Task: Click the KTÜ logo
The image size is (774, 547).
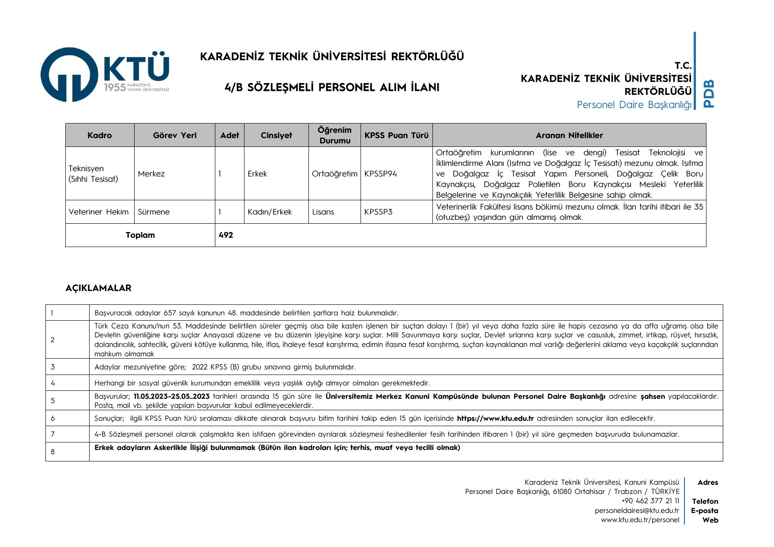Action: point(105,75)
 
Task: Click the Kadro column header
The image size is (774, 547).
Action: point(100,135)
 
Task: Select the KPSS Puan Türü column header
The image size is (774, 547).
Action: point(396,135)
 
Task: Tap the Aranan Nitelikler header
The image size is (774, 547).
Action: point(569,135)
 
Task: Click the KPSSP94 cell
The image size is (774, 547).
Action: point(380,174)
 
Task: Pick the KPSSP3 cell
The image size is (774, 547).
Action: point(378,212)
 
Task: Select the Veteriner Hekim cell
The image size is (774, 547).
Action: point(99,212)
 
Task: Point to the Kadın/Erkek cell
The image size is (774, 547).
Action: point(270,212)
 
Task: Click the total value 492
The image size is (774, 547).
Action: point(226,235)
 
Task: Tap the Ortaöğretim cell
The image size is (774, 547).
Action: point(334,174)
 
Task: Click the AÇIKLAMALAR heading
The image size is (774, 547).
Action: point(98,288)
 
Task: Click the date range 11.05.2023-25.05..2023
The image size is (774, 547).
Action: point(172,396)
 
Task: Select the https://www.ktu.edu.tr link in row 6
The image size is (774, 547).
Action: point(495,418)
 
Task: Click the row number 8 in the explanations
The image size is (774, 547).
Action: point(53,452)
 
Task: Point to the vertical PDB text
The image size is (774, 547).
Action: point(709,93)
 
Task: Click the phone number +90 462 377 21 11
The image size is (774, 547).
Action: point(650,501)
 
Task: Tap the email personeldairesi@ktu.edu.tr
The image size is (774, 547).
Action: point(637,510)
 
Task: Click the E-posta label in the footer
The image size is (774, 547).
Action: point(704,510)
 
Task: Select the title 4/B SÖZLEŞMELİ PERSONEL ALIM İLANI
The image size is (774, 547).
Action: point(332,87)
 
